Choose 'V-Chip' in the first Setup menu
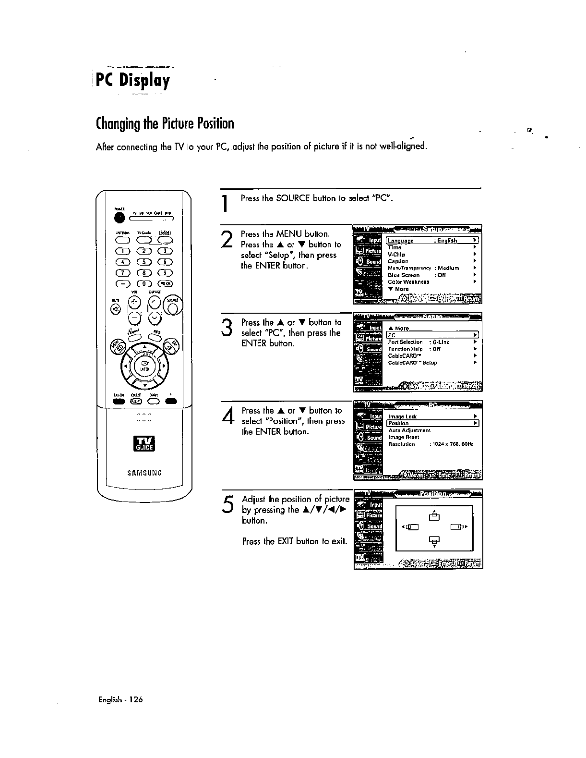tap(396, 255)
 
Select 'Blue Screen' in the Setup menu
tap(404, 275)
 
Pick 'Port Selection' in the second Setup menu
tap(405, 342)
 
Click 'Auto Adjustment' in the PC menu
tap(409, 430)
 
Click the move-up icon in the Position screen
tap(434, 516)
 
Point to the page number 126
tap(136, 699)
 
